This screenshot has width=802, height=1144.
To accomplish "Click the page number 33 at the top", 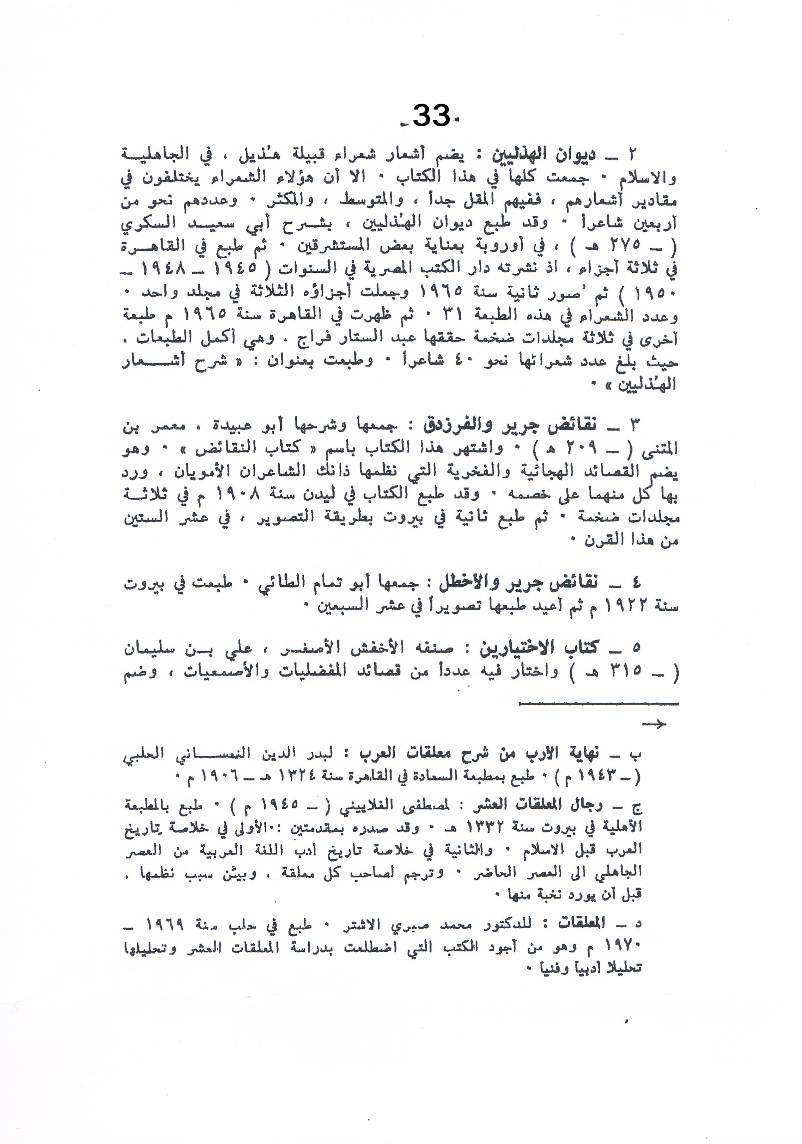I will point(431,117).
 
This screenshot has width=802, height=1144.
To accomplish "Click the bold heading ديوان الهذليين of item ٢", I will point(543,155).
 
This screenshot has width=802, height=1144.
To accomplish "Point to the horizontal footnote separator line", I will point(598,704).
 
